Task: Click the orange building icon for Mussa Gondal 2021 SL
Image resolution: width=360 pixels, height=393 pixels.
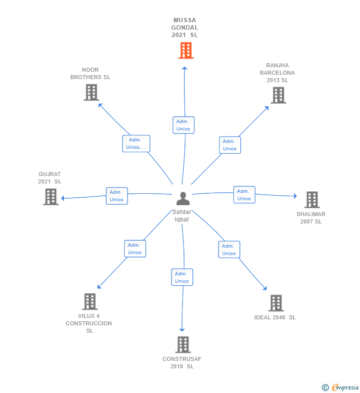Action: click(x=185, y=50)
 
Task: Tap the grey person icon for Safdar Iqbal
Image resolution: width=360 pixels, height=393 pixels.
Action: click(x=183, y=199)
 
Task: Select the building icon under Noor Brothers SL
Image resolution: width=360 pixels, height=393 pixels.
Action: click(x=91, y=92)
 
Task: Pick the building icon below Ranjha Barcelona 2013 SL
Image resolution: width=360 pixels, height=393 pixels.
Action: click(x=278, y=95)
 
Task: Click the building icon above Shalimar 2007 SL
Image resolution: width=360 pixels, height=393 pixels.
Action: click(x=312, y=200)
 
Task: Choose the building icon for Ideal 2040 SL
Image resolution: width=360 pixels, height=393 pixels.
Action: click(x=275, y=303)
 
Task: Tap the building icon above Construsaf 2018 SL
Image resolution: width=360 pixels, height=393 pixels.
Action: click(x=183, y=345)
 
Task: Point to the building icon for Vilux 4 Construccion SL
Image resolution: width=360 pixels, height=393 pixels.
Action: click(x=90, y=302)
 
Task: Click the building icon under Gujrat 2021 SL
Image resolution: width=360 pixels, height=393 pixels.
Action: click(x=50, y=197)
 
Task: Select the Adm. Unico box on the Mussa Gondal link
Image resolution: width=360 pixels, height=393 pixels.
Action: click(x=183, y=125)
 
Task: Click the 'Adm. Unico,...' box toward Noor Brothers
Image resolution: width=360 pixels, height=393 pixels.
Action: click(x=136, y=143)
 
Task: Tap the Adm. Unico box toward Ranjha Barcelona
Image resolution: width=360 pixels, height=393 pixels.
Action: click(x=229, y=145)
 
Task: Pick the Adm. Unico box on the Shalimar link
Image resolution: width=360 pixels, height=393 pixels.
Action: click(x=244, y=195)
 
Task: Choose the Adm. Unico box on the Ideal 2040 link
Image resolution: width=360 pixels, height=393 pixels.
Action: click(x=229, y=250)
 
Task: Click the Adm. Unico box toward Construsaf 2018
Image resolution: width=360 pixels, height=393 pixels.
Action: click(x=181, y=277)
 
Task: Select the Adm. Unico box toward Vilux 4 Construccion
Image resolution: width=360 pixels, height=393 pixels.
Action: click(x=135, y=249)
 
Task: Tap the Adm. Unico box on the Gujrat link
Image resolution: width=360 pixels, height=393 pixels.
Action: click(x=117, y=196)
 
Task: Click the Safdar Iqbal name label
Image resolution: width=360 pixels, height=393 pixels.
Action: click(x=182, y=216)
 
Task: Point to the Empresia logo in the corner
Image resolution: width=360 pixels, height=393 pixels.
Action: click(x=341, y=388)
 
